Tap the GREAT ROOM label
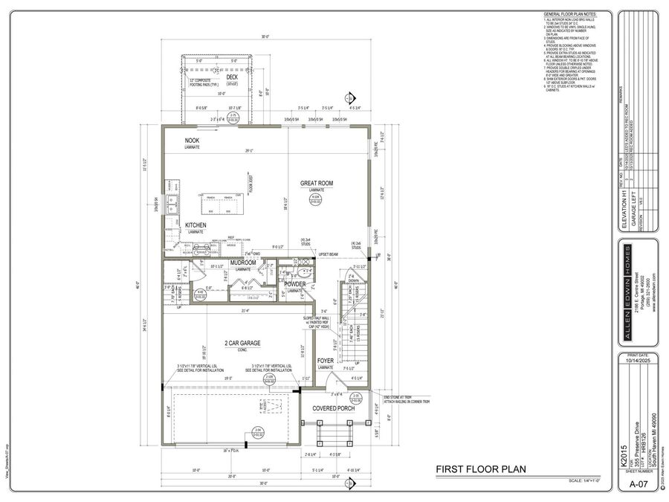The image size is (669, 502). pos(316,183)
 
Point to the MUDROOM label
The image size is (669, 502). pos(243,263)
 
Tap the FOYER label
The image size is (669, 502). pos(326,360)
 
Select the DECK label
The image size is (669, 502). pos(232,77)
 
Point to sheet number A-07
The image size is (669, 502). pos(637,484)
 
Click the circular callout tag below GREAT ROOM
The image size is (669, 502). pos(315,199)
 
